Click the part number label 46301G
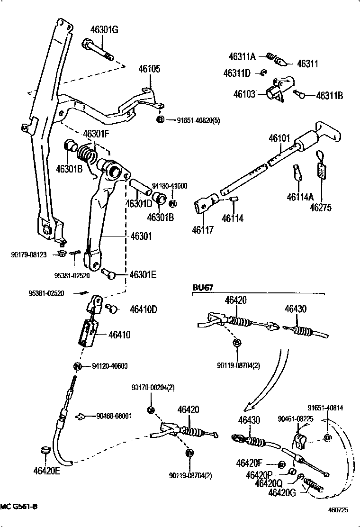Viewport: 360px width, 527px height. click(x=104, y=30)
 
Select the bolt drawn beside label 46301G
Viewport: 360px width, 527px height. click(x=98, y=49)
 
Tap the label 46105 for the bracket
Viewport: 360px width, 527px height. click(x=149, y=69)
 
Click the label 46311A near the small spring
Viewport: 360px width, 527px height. click(x=242, y=57)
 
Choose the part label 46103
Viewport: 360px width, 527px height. click(x=244, y=94)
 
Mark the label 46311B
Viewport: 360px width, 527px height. click(x=330, y=96)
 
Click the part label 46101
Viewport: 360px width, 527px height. click(x=279, y=138)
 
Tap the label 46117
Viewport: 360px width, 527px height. click(x=203, y=230)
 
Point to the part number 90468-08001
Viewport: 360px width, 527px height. click(x=114, y=416)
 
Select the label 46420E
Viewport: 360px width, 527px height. click(x=46, y=471)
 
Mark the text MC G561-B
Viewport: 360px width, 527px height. click(x=19, y=507)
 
